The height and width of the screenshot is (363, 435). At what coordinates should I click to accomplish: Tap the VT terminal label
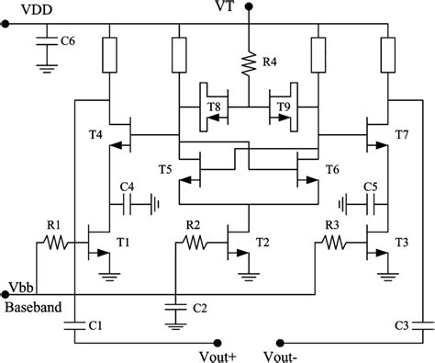pyautogui.click(x=249, y=8)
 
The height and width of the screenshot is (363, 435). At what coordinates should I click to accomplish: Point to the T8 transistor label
pyautogui.click(x=214, y=108)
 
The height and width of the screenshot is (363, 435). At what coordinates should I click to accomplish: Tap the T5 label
pyautogui.click(x=166, y=169)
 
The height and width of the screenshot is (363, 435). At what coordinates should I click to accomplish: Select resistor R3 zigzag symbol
pyautogui.click(x=332, y=244)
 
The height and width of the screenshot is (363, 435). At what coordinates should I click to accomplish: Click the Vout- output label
pyautogui.click(x=281, y=354)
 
